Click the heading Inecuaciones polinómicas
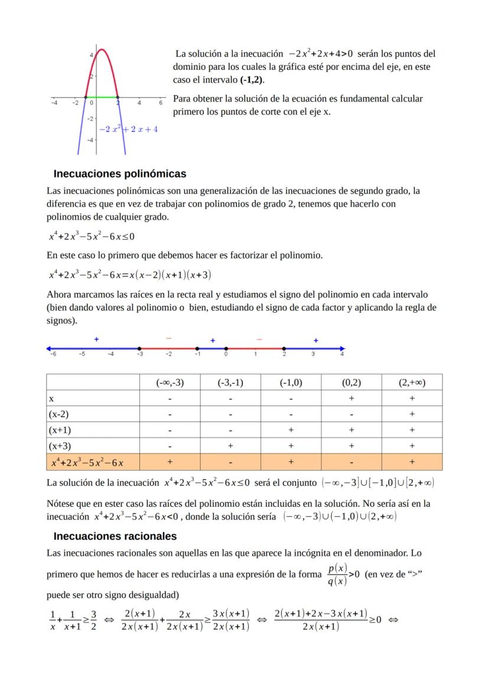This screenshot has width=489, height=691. (120, 173)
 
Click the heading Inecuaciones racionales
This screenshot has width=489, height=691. (115, 536)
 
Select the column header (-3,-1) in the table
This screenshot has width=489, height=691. (230, 382)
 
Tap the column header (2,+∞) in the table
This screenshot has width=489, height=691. (412, 382)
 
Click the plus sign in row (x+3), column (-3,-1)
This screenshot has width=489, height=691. (230, 446)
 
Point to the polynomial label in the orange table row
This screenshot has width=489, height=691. (91, 462)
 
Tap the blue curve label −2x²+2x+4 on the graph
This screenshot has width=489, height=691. (128, 129)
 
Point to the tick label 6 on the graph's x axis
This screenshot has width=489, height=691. (160, 103)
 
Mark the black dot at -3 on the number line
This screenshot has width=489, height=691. (139, 348)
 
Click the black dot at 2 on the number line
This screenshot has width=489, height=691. (284, 348)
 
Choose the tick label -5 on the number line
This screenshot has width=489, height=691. (81, 355)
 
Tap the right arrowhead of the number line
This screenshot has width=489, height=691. (342, 348)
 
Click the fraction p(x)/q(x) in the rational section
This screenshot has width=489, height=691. (337, 572)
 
